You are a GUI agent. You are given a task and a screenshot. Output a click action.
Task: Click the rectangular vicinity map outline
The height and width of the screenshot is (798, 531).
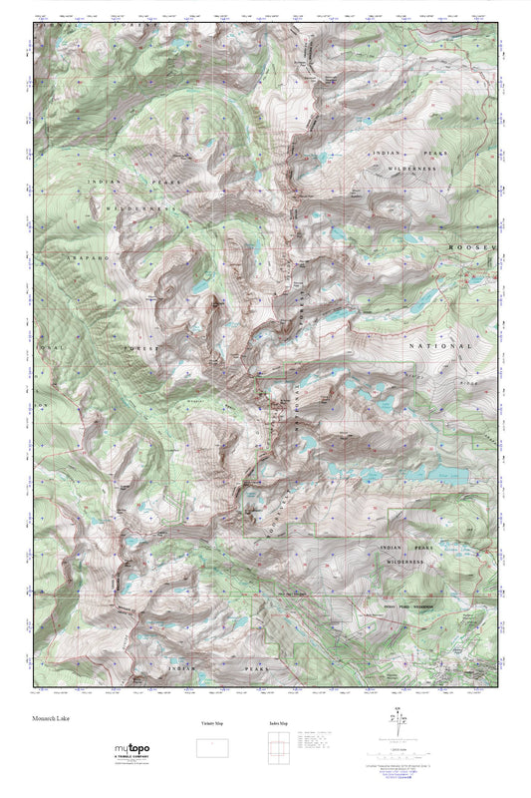coord(210,746)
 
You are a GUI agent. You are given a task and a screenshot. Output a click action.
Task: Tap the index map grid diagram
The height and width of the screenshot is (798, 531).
coord(281,747)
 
